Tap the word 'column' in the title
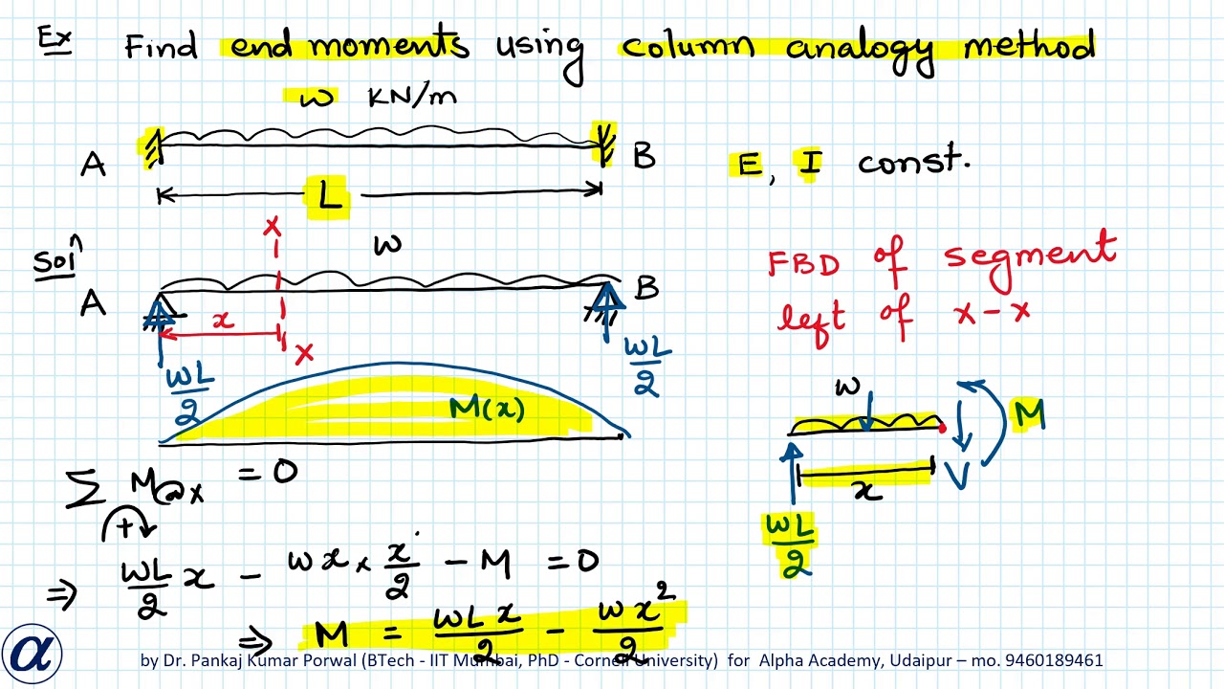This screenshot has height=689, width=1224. (687, 46)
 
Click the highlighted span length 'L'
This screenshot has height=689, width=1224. (328, 196)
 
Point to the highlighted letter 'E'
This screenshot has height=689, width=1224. (748, 165)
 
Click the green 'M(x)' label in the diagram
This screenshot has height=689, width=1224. (487, 411)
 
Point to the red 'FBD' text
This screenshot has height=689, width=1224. (804, 263)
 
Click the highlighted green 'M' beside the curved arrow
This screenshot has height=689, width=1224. (1029, 414)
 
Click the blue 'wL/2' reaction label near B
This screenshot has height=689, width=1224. (646, 365)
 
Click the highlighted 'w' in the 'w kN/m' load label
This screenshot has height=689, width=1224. (315, 98)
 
